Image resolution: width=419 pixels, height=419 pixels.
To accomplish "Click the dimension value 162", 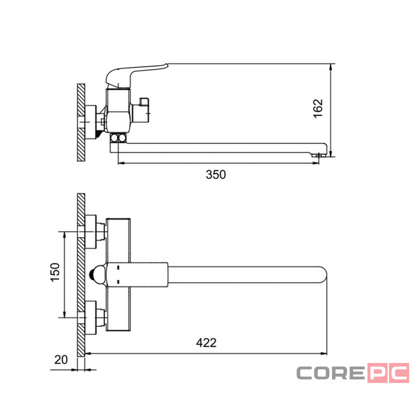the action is (318, 108).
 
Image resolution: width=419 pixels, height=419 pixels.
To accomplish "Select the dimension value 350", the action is (216, 175).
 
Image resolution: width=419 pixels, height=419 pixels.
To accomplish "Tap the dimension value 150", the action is (55, 272).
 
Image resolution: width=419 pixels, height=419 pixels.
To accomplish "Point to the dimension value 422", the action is (206, 343).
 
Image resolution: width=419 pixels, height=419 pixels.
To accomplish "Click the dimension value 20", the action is (61, 360).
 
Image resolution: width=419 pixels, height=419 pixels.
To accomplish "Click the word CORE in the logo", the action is (331, 373).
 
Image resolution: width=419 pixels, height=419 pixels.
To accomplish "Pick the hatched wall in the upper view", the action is (81, 123).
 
